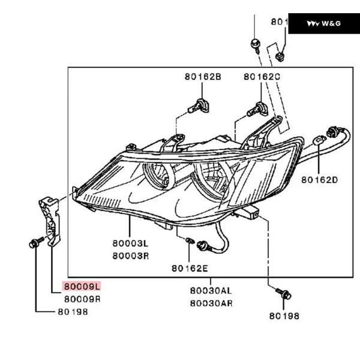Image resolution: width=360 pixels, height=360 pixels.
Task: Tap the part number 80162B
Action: point(203,77)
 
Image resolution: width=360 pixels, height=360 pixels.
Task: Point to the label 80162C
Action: point(262,77)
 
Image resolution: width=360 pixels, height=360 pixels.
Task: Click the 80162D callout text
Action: point(320,179)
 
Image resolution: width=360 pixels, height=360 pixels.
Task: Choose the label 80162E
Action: point(189,268)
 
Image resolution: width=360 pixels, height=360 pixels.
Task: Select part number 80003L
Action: point(129,244)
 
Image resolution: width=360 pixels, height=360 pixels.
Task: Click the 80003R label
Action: point(129,256)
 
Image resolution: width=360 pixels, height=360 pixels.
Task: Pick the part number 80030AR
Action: point(211,303)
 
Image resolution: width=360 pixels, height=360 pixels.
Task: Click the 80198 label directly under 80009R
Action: point(73,312)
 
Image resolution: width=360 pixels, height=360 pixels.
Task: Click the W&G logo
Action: point(323,23)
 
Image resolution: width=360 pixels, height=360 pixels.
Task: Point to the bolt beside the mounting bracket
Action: point(34,244)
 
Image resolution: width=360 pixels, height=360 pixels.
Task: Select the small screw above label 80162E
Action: point(189,241)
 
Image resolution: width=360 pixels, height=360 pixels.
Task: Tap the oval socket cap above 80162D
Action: point(319,141)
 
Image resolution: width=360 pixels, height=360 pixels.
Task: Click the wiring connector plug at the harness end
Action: point(331,132)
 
